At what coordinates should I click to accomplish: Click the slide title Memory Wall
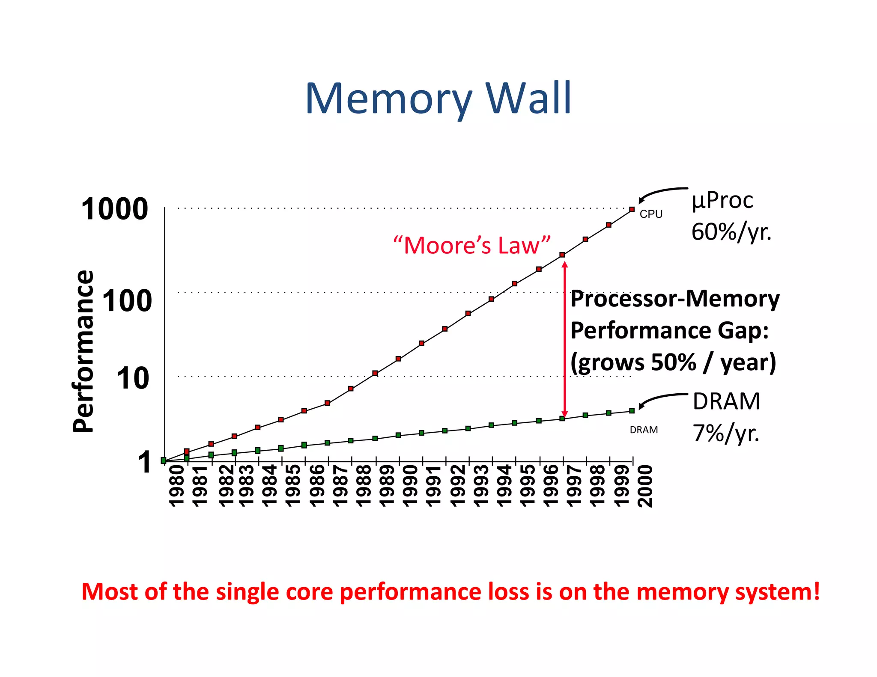438,99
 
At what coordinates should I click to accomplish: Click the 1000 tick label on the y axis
114,209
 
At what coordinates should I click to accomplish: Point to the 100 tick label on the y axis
127,301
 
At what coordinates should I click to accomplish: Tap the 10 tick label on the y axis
133,379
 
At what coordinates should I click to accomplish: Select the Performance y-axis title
83,351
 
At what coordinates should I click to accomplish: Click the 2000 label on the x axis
644,486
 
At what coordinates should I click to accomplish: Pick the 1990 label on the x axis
410,486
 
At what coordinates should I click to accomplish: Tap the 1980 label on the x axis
176,486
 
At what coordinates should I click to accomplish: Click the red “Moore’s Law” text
471,246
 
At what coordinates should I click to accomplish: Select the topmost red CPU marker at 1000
632,209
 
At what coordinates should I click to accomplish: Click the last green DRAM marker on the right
632,411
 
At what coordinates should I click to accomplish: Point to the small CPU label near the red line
651,214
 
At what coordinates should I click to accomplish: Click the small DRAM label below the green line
644,430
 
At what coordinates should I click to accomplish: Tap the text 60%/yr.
731,232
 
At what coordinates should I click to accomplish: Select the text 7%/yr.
726,433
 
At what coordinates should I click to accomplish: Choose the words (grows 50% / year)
673,362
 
